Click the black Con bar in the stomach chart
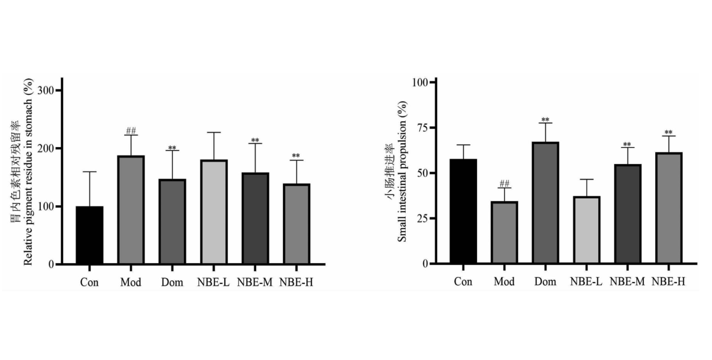90,235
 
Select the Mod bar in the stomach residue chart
131,210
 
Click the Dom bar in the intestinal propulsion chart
546,202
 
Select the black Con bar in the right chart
463,211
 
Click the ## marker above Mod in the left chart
131,131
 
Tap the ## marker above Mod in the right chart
504,184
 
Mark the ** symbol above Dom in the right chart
546,119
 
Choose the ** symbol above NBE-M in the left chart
255,140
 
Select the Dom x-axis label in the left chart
172,282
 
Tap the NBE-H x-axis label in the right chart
669,281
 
